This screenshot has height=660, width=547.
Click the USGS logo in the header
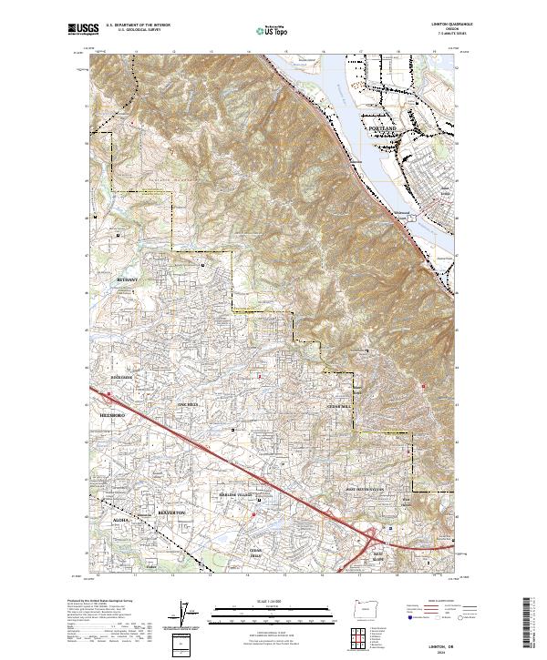tap(82, 30)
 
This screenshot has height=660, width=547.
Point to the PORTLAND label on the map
tap(384, 130)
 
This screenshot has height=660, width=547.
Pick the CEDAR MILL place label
tap(339, 407)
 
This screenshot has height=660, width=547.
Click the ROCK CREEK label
tap(121, 375)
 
